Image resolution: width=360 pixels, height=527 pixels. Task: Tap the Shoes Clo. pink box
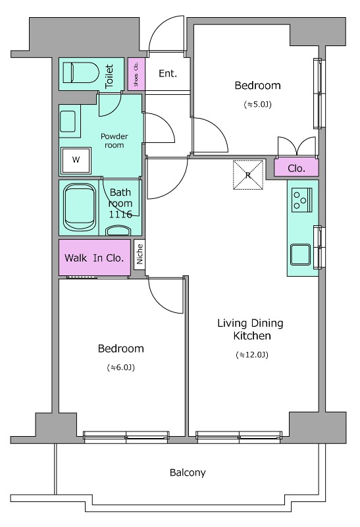[x=136, y=74]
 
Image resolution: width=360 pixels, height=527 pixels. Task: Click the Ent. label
[x=168, y=73]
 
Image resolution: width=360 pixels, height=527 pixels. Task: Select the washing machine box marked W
[x=76, y=160]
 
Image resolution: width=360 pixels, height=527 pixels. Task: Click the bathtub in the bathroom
[x=79, y=207]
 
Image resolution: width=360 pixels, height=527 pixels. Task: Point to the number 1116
[x=120, y=215]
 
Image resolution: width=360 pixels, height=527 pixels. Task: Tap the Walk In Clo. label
[x=94, y=258]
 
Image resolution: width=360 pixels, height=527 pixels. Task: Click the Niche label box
[x=140, y=254]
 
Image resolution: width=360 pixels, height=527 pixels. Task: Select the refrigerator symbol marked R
[x=248, y=175]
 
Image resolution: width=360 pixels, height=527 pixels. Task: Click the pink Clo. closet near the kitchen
[x=296, y=167]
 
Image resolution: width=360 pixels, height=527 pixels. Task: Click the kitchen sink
[x=301, y=254]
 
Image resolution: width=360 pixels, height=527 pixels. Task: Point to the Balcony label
[x=188, y=472]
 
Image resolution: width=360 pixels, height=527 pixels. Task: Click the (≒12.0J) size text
[x=252, y=354]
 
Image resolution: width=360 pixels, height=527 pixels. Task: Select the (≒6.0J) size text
[x=121, y=368]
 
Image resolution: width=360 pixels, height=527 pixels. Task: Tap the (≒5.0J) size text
[x=257, y=105]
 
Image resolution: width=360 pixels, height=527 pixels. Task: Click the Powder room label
[x=114, y=141]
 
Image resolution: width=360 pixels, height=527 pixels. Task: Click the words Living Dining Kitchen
[x=251, y=329]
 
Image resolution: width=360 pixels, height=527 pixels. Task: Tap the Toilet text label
[x=109, y=76]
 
